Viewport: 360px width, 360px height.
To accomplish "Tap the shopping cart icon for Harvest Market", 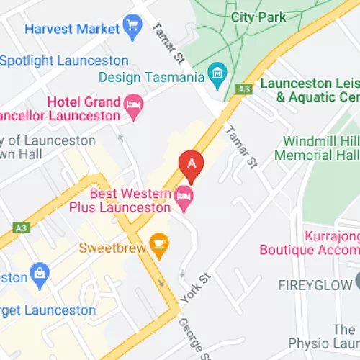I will [x=132, y=29].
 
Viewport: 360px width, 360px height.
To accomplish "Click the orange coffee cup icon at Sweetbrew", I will [x=158, y=246].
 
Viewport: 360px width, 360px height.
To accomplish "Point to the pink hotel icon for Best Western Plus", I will [x=184, y=195].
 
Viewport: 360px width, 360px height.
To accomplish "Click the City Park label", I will [x=258, y=17].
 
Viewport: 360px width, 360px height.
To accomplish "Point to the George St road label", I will [x=192, y=339].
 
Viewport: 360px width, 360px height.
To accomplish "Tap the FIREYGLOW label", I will [x=318, y=285].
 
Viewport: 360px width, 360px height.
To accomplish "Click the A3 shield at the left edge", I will [x=21, y=228].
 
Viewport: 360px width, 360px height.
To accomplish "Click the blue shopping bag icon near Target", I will [x=38, y=274].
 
